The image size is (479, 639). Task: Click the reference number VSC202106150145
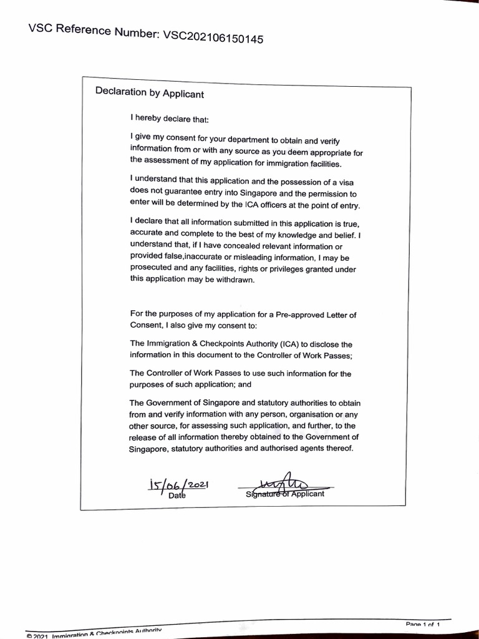213,38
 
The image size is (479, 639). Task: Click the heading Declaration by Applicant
149,92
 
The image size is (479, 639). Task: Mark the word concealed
235,246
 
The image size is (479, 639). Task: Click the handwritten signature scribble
285,484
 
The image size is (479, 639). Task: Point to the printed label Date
177,496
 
